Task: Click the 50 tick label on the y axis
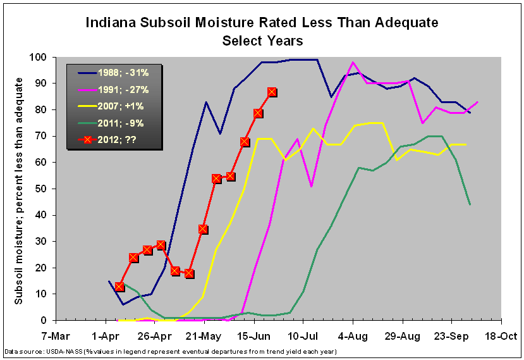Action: click(42, 189)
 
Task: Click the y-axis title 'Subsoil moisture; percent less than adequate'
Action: click(19, 190)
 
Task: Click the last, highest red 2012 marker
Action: click(272, 92)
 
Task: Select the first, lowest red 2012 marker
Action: click(119, 287)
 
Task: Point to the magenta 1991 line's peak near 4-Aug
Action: click(353, 62)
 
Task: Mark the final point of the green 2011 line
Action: click(470, 204)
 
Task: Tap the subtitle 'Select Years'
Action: click(262, 40)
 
